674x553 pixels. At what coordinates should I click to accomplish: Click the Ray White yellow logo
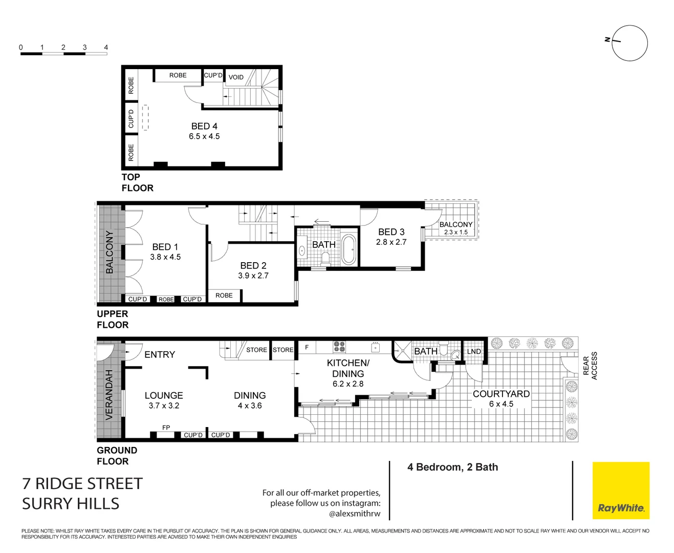click(x=621, y=491)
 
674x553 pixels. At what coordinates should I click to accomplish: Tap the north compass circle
click(x=629, y=44)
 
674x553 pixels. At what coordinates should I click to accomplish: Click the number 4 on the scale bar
click(x=106, y=47)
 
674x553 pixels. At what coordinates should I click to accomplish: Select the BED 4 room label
click(x=204, y=126)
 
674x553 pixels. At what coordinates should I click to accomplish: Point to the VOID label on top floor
click(x=236, y=77)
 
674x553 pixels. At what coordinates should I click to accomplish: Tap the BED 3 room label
click(x=391, y=232)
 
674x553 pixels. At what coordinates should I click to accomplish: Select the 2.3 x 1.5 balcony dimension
click(x=455, y=232)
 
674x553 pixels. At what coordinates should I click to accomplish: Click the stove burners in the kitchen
click(x=339, y=347)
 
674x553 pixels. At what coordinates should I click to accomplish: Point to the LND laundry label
click(x=474, y=351)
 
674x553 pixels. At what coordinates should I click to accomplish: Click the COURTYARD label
click(x=501, y=394)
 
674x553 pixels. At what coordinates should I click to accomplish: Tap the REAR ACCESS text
click(x=590, y=366)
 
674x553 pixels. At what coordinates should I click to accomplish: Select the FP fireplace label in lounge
click(x=166, y=428)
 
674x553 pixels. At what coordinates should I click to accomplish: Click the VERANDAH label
click(x=109, y=395)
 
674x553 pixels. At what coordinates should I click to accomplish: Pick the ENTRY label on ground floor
click(x=159, y=354)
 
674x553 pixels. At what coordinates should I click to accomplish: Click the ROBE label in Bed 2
click(x=224, y=295)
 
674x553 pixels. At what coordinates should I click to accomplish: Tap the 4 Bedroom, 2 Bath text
click(x=452, y=467)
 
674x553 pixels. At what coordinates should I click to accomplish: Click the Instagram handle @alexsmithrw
click(x=355, y=513)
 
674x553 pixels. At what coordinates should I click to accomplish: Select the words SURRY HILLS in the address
click(x=71, y=504)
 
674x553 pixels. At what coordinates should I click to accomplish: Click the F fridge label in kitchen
click(x=307, y=347)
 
